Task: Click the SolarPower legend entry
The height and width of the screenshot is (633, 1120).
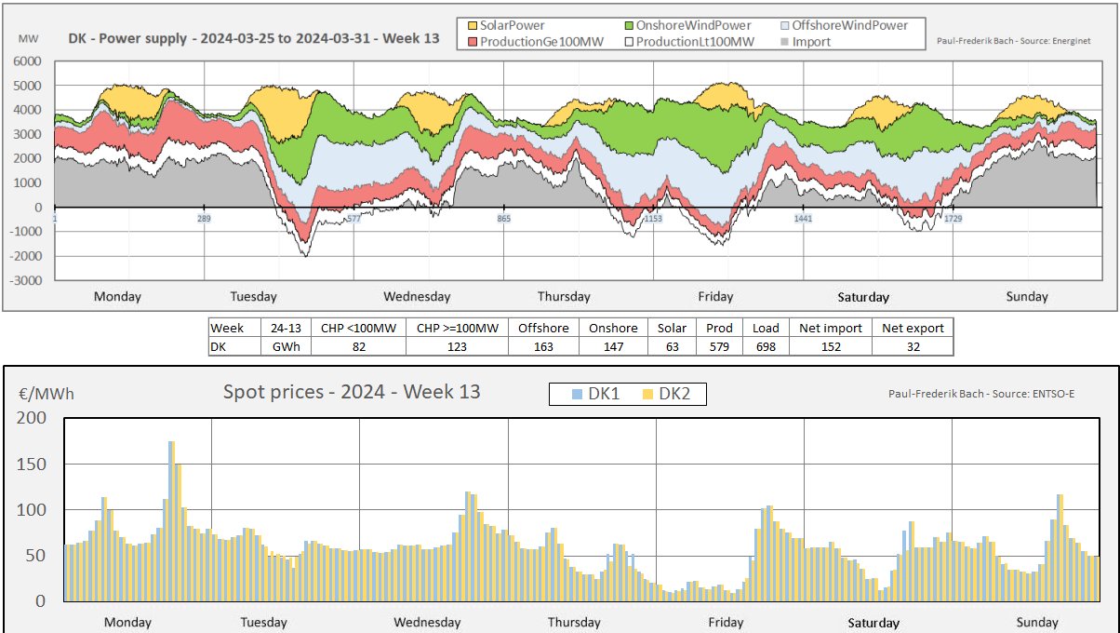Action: [x=503, y=25]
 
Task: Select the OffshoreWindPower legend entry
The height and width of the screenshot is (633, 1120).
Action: [x=842, y=25]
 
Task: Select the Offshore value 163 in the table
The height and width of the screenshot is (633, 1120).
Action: [x=543, y=346]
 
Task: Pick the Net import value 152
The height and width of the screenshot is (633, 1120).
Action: [x=830, y=346]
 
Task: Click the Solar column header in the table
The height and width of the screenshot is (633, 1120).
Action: [x=671, y=328]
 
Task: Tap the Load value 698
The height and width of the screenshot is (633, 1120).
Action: [x=766, y=346]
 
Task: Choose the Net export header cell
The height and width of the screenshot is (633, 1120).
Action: [x=913, y=328]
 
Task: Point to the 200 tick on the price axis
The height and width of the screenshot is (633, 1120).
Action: [x=32, y=418]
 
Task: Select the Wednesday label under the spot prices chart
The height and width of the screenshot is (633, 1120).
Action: [x=427, y=622]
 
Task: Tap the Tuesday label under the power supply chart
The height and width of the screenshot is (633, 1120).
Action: [x=253, y=297]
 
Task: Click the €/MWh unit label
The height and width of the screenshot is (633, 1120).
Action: [x=46, y=394]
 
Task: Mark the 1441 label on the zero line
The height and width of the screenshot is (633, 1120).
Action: [x=802, y=218]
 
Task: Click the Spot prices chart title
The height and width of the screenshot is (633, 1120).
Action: [x=352, y=392]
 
